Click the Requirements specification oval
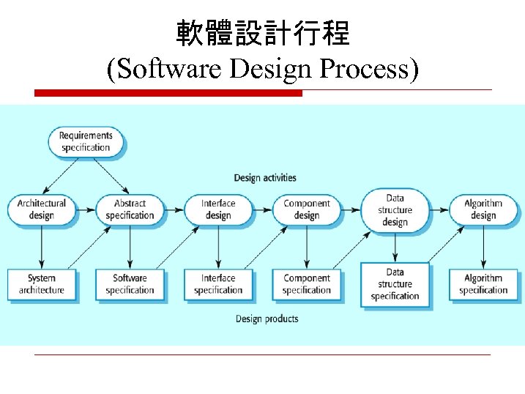point(86,141)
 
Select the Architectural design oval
point(42,209)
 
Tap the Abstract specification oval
point(130,209)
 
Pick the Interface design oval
point(218,209)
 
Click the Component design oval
point(307,209)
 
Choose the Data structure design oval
point(395,209)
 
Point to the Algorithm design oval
point(483,209)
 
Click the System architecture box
point(42,284)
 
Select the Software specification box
point(130,284)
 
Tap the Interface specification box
point(218,284)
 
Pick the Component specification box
point(307,284)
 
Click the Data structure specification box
point(395,284)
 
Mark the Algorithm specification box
point(483,284)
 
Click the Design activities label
point(265,178)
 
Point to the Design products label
point(267,319)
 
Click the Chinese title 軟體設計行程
point(263,33)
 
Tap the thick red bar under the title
point(168,93)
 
